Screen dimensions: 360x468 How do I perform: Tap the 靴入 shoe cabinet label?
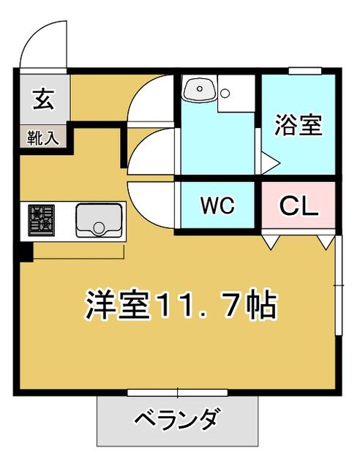42,138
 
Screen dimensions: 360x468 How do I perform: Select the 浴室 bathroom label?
298,125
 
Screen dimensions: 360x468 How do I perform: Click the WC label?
217,205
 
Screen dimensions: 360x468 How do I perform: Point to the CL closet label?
298,205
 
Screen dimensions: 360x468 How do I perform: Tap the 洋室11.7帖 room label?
181,304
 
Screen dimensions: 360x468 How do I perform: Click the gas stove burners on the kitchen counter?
41,220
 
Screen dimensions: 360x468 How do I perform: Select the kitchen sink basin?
99,220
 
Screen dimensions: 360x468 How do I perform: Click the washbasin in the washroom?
200,89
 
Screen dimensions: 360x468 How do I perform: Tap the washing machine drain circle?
225,94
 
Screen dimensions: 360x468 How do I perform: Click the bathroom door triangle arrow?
270,162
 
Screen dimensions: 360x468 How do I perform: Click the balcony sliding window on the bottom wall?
178,393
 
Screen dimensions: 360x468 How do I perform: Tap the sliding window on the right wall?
338,285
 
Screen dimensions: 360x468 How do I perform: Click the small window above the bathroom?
304,71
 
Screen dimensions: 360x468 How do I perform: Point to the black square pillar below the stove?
26,252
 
